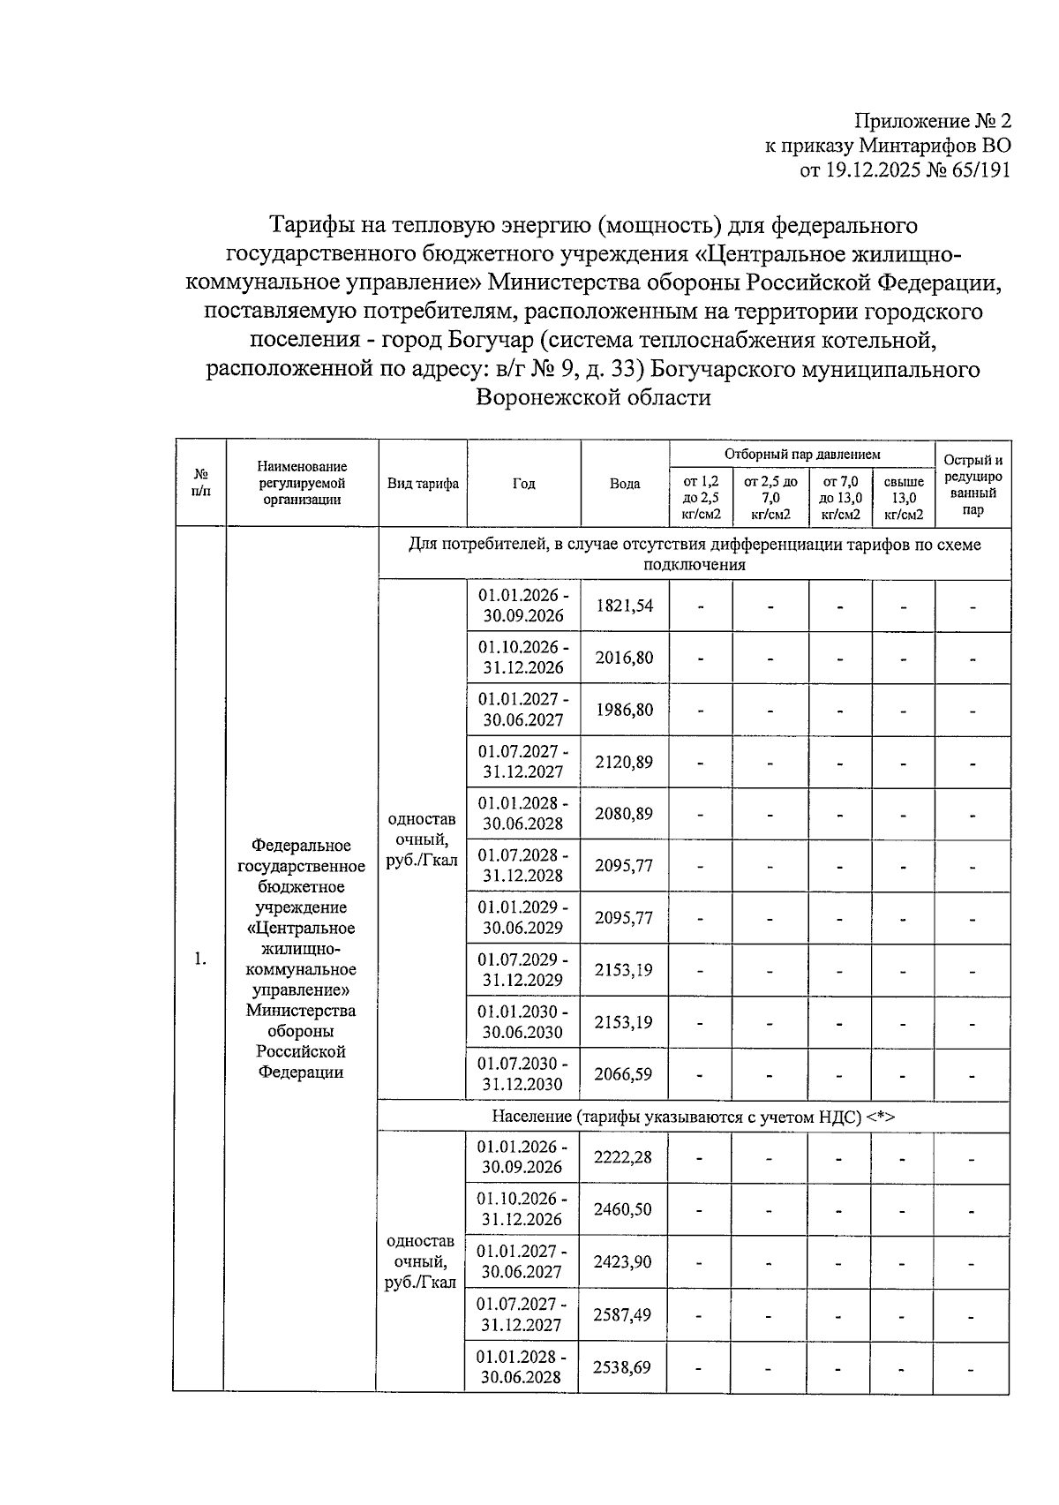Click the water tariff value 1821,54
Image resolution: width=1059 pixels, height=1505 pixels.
tap(624, 606)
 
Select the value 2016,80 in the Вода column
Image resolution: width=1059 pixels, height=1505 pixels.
tap(624, 658)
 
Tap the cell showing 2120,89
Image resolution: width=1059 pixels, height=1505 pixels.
tap(624, 762)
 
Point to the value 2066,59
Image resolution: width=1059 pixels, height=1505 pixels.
tap(624, 1074)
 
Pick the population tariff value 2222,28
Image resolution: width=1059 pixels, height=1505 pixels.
tap(623, 1156)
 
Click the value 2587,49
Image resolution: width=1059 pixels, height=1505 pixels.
tap(622, 1315)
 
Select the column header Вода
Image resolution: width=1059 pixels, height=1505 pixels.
tap(625, 484)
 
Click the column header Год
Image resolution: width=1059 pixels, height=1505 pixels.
tap(523, 484)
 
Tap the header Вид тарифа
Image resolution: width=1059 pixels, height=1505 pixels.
tap(423, 484)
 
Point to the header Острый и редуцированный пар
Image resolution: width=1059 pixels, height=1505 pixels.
tap(973, 485)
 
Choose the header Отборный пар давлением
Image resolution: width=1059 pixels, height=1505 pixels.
tap(802, 455)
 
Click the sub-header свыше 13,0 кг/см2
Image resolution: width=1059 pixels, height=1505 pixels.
tap(904, 498)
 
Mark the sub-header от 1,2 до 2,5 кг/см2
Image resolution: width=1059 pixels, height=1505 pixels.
tap(701, 498)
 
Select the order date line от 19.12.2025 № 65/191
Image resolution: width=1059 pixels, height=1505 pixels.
tap(905, 170)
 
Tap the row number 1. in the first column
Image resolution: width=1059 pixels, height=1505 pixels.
tap(200, 959)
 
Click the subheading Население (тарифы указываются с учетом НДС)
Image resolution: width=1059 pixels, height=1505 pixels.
tap(693, 1117)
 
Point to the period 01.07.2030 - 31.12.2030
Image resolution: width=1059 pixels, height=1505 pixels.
tap(523, 1074)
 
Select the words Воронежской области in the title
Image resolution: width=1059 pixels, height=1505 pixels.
tap(593, 398)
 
